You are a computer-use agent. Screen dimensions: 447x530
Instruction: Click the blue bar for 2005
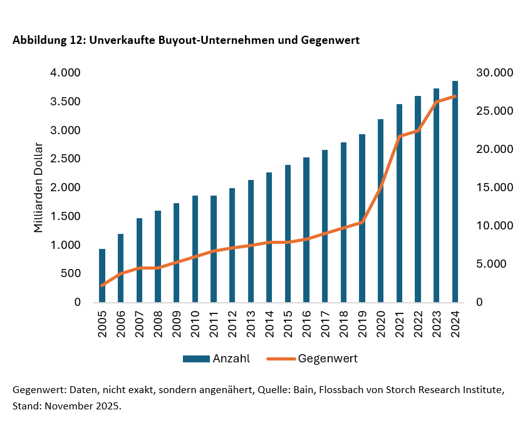click(102, 276)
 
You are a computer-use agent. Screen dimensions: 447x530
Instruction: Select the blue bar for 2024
click(455, 191)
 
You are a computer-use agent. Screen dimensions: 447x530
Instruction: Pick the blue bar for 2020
click(380, 210)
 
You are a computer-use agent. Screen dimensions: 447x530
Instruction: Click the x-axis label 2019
click(362, 323)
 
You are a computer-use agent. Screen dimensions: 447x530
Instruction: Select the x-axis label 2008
click(158, 323)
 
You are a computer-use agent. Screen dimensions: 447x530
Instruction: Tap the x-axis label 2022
click(418, 323)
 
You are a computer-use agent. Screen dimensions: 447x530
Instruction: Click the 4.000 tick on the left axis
click(66, 73)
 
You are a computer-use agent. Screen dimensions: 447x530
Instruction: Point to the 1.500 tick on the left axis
click(66, 216)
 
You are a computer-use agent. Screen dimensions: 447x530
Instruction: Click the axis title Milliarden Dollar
click(39, 187)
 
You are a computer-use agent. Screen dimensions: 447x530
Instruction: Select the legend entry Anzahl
click(231, 359)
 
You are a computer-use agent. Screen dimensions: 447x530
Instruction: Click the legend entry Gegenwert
click(328, 359)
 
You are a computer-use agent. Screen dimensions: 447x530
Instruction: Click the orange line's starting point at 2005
click(102, 285)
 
